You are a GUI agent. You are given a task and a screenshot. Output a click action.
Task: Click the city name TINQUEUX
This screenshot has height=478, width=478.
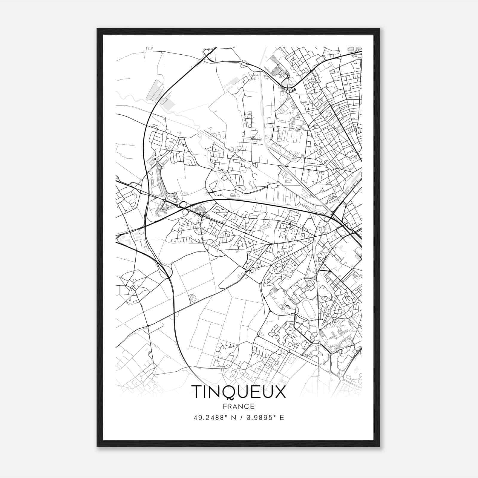pyautogui.click(x=238, y=392)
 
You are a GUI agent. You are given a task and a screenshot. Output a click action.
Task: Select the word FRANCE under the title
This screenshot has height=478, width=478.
pyautogui.click(x=238, y=407)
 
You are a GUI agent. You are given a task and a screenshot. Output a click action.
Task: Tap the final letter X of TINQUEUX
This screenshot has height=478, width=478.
pyautogui.click(x=280, y=392)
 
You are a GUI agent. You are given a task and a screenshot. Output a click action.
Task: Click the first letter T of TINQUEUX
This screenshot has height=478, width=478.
pyautogui.click(x=197, y=392)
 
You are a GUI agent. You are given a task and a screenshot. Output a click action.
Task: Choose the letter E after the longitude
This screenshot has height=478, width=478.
pyautogui.click(x=282, y=417)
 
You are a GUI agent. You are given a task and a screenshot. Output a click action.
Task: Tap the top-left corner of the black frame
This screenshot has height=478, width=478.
pyautogui.click(x=97, y=29)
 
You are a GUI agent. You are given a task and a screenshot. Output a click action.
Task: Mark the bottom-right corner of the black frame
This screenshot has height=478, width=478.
pyautogui.click(x=379, y=446)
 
